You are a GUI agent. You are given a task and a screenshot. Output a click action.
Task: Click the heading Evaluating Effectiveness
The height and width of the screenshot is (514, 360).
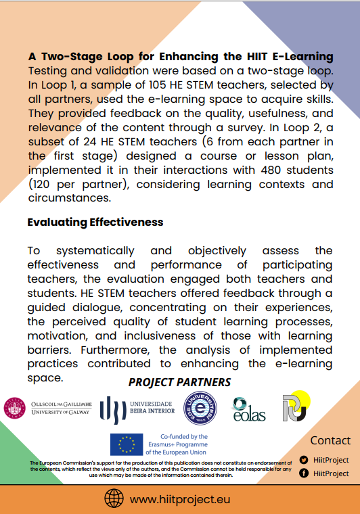tap(95, 222)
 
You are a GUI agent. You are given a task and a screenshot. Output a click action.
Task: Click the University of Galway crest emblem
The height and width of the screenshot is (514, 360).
tap(14, 408)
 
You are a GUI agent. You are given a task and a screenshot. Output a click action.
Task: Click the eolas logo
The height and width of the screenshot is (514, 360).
tap(248, 409)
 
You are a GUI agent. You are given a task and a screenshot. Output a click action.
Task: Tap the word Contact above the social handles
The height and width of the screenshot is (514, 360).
tap(330, 440)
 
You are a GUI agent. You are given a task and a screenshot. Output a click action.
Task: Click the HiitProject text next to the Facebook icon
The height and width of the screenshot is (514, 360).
tap(332, 473)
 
